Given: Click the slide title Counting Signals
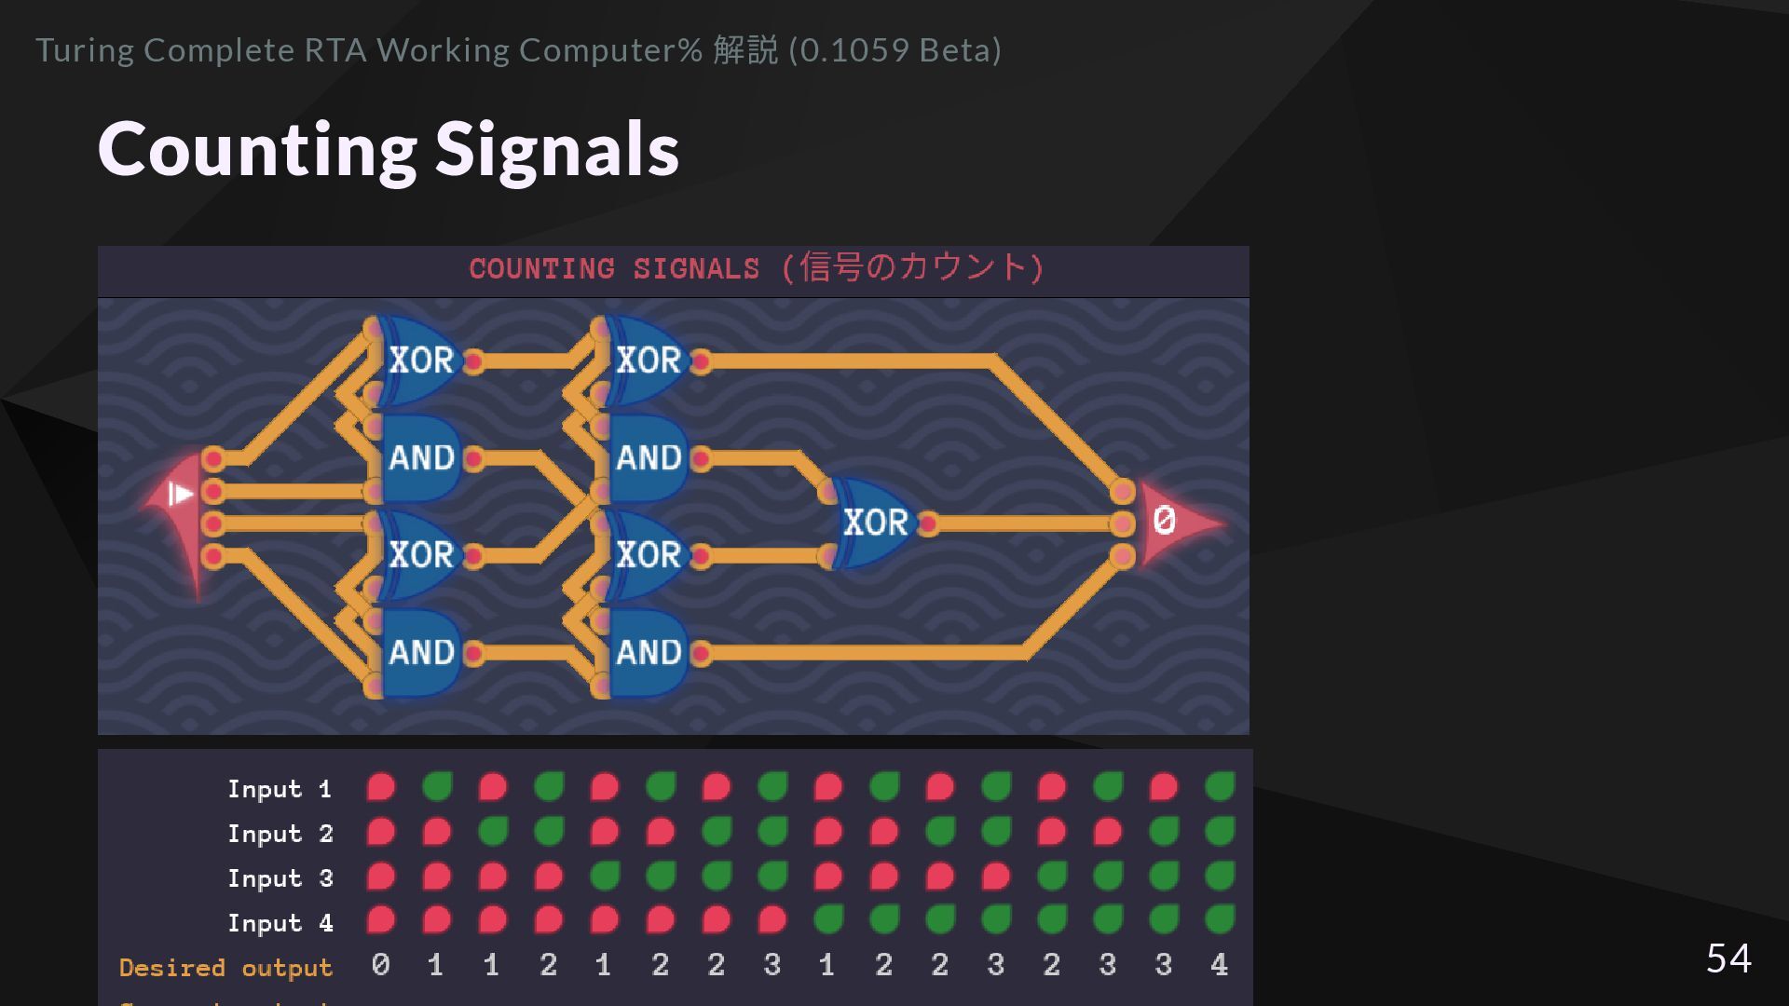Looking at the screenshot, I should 389,149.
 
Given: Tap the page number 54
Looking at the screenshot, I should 1728,958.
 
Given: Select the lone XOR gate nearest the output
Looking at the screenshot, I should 874,523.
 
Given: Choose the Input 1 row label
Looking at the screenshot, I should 280,789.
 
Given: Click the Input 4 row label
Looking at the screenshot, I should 280,923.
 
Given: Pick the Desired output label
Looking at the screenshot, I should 225,968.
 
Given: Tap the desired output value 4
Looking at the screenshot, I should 1219,965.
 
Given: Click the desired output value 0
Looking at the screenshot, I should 380,965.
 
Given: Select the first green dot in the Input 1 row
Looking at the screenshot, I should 436,787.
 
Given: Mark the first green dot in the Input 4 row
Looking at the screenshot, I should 827,920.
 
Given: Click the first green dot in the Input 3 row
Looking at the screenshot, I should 604,876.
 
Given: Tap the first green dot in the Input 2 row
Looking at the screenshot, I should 492,831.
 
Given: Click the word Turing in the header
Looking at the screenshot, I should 85,50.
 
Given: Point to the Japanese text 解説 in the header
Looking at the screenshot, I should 745,50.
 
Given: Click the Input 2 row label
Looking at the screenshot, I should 280,834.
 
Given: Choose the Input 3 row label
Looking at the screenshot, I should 280,878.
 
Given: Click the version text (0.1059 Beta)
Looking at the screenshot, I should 894,50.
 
